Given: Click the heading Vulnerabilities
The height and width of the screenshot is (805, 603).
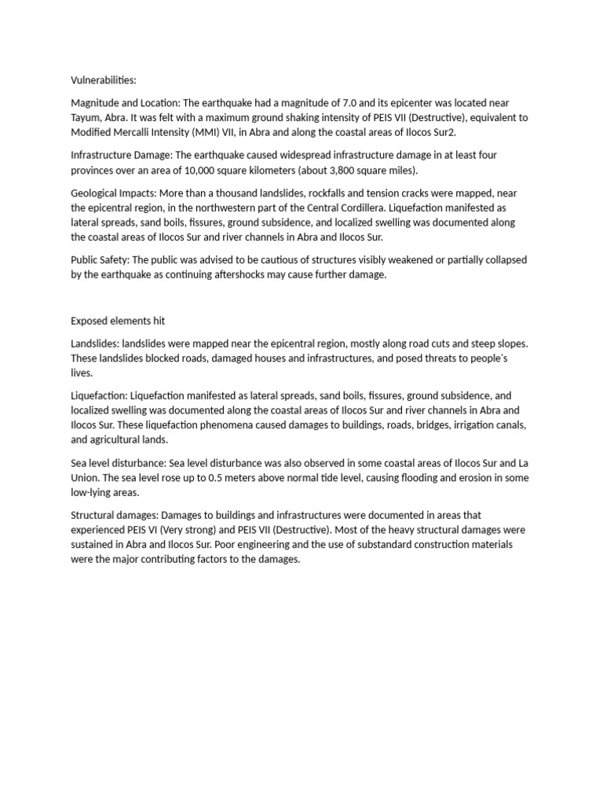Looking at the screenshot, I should point(104,80).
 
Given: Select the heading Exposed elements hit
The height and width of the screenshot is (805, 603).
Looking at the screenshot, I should point(118,321).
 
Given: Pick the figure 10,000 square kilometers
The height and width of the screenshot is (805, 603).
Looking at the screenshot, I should point(250,170).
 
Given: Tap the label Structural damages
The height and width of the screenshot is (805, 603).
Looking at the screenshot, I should point(115,515).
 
